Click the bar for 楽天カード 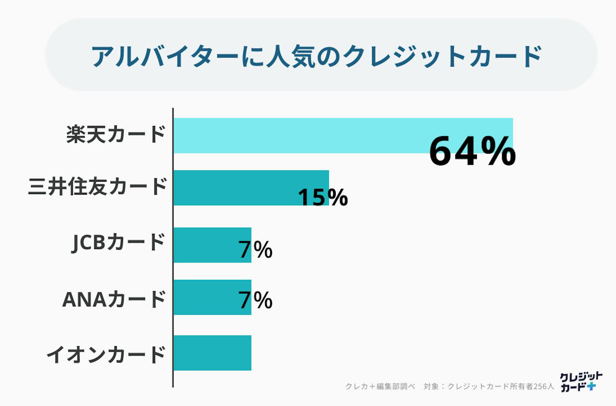pyautogui.click(x=299, y=135)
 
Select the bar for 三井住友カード pyautogui.click(x=234, y=187)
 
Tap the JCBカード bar pyautogui.click(x=205, y=245)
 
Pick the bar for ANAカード pyautogui.click(x=205, y=297)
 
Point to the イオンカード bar pyautogui.click(x=213, y=353)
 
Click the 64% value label pyautogui.click(x=472, y=151)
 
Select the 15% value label pyautogui.click(x=323, y=197)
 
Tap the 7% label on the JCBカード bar pyautogui.click(x=255, y=250)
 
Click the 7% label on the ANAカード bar pyautogui.click(x=255, y=300)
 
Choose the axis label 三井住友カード pyautogui.click(x=97, y=187)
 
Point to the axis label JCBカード pyautogui.click(x=119, y=242)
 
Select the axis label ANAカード pyautogui.click(x=114, y=299)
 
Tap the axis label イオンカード pyautogui.click(x=106, y=354)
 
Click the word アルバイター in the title pyautogui.click(x=164, y=56)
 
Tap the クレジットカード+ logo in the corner pyautogui.click(x=580, y=382)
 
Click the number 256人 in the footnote pyautogui.click(x=544, y=387)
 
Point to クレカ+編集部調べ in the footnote pyautogui.click(x=380, y=387)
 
